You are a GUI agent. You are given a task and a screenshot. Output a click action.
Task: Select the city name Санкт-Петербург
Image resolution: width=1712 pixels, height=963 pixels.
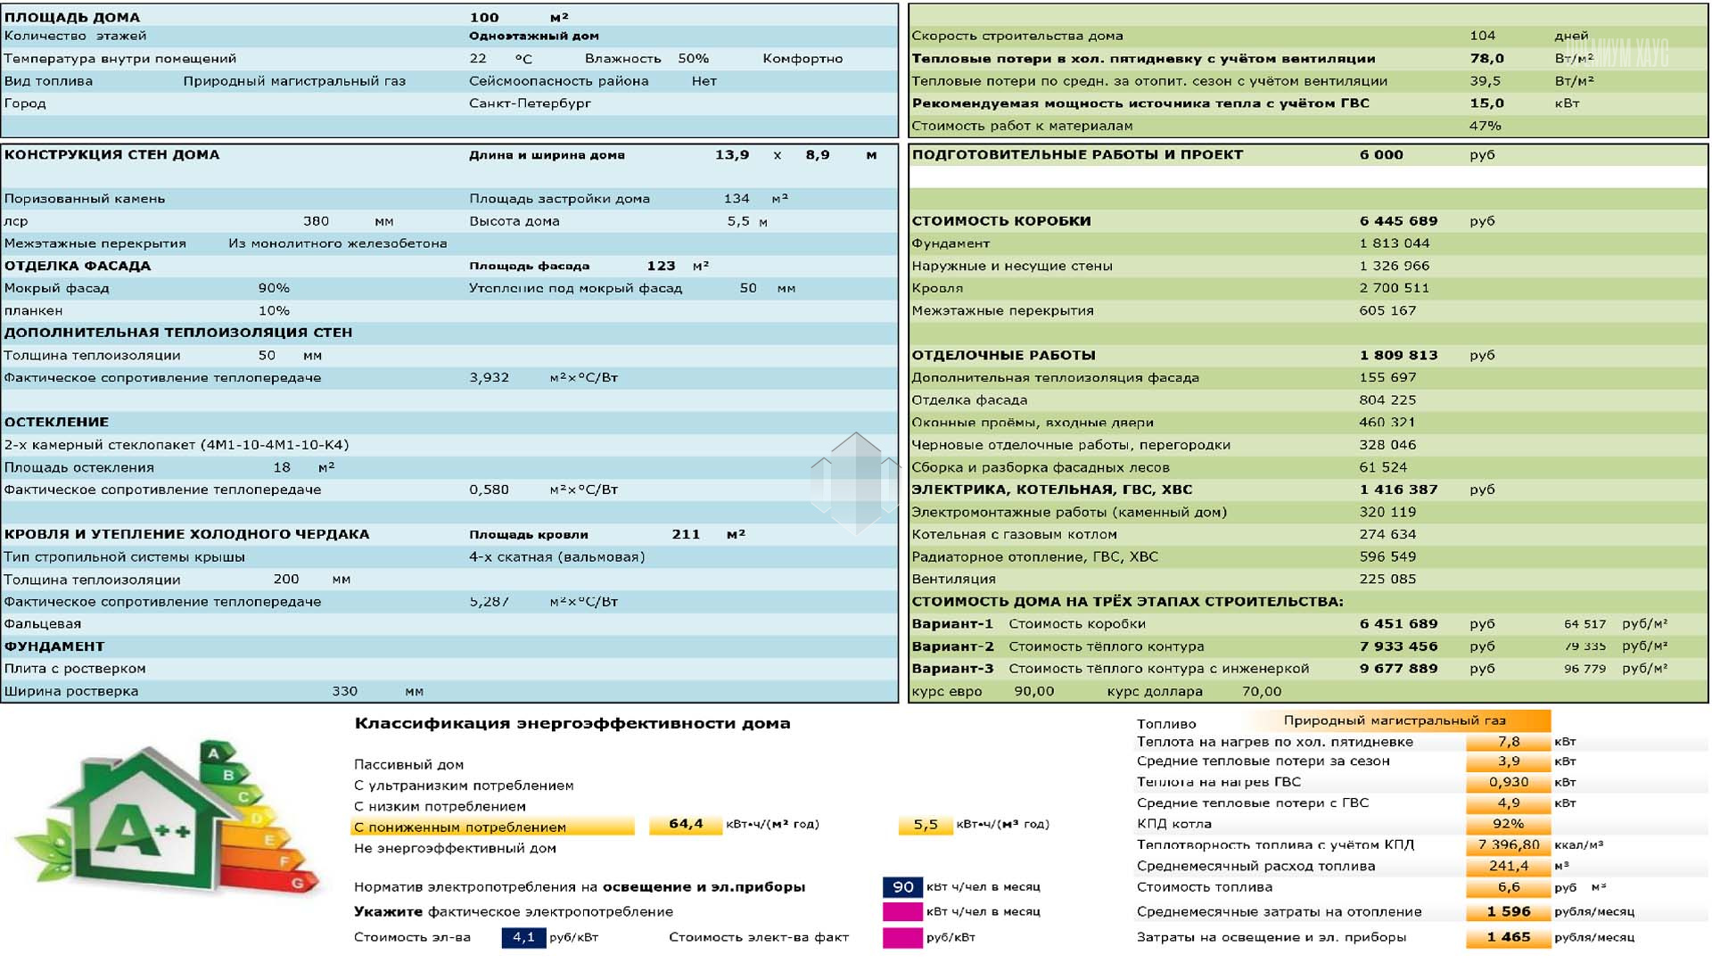(530, 103)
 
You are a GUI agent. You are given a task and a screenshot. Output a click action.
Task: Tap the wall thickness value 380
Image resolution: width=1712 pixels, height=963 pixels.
(316, 221)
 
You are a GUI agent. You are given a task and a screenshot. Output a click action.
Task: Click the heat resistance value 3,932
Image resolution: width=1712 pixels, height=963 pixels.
(489, 378)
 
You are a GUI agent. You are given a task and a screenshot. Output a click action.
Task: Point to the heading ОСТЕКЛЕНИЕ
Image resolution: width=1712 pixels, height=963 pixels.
(56, 423)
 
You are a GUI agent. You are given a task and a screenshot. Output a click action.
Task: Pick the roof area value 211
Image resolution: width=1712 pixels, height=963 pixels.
(686, 534)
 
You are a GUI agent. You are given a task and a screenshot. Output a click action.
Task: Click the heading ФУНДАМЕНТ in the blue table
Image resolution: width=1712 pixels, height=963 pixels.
(54, 646)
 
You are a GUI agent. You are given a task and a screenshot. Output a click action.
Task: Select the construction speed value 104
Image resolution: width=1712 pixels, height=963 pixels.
(1482, 36)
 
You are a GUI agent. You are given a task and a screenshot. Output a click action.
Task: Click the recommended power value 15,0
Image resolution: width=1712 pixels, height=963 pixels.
(1486, 103)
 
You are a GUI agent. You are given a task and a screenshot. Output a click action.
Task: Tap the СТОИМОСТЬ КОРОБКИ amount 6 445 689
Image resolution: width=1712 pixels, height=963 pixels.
(1398, 221)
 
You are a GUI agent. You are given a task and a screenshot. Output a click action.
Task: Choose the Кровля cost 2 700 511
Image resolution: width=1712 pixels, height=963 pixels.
(1394, 288)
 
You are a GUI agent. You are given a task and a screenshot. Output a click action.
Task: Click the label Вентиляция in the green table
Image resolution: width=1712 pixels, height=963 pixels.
(953, 580)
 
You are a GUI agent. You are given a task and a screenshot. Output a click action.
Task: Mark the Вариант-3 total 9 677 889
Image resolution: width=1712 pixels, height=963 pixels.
(1398, 669)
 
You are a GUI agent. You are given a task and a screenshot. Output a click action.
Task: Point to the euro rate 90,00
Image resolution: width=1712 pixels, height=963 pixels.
(1033, 692)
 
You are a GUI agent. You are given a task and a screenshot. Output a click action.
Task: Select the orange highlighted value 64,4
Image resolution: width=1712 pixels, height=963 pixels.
(685, 825)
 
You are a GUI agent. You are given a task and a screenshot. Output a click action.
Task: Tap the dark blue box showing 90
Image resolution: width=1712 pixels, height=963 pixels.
(902, 887)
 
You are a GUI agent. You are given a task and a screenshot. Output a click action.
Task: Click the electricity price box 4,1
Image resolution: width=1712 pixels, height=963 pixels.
(523, 938)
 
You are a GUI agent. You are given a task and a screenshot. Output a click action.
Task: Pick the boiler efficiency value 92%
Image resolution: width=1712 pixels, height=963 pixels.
(1508, 824)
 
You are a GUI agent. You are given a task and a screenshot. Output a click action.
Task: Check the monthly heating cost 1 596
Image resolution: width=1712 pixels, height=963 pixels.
(1508, 912)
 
